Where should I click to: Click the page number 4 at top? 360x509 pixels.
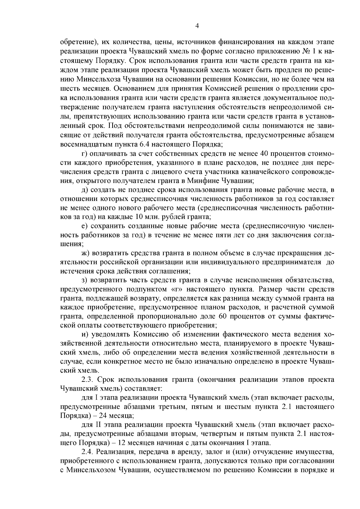pos(197,26)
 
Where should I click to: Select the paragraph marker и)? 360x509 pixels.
pos(85,334)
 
